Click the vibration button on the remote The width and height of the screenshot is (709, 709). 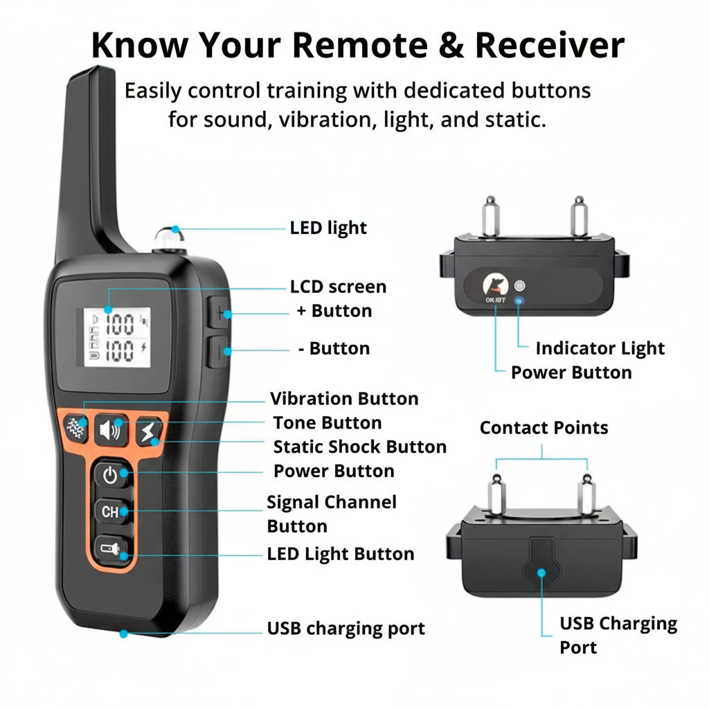coord(75,429)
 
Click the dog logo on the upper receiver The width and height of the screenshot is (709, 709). coord(495,285)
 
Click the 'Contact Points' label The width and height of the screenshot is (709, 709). coord(544,428)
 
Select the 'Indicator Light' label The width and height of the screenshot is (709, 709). coord(600,348)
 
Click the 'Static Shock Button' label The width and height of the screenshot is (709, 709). coord(359,447)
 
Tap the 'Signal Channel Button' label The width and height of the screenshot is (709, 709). coord(332,514)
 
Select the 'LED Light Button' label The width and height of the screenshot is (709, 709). coord(341,554)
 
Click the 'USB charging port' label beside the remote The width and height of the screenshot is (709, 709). coord(345,629)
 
